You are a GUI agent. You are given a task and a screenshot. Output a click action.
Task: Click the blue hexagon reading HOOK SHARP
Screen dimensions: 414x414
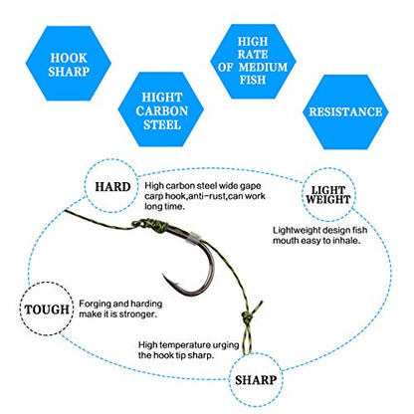coord(69,64)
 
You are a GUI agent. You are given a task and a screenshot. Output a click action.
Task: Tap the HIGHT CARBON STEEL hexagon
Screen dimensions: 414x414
coord(161,109)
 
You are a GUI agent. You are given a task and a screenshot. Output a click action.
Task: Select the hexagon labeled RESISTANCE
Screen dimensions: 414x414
coord(345,111)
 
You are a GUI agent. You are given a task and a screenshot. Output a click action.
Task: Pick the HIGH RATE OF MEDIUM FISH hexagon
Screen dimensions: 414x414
coord(253,61)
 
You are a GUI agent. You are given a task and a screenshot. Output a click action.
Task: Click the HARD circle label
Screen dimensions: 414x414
coord(112,186)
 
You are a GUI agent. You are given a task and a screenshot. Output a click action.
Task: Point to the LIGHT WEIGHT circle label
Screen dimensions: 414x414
coord(328,195)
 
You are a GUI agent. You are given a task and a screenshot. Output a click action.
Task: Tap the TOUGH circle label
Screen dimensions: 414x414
coord(47,310)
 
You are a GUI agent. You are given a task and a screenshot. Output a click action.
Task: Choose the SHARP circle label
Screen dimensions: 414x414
coord(256,380)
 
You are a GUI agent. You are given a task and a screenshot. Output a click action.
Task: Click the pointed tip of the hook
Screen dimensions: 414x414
coord(163,275)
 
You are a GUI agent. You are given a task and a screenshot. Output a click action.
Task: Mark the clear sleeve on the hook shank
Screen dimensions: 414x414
coord(194,237)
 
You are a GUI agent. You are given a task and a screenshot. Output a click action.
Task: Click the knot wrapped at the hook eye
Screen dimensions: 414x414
coord(152,226)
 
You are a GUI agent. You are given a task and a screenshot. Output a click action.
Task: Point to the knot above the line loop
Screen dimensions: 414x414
coord(247,317)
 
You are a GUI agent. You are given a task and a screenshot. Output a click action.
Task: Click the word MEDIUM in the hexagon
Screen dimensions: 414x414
coord(263,67)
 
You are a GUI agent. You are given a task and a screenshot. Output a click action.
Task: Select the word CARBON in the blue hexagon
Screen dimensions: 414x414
coord(161,110)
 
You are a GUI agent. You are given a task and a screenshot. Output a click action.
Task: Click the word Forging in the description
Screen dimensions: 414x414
coord(95,304)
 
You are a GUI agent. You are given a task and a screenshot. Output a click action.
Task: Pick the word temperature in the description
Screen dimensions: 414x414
coord(186,345)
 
